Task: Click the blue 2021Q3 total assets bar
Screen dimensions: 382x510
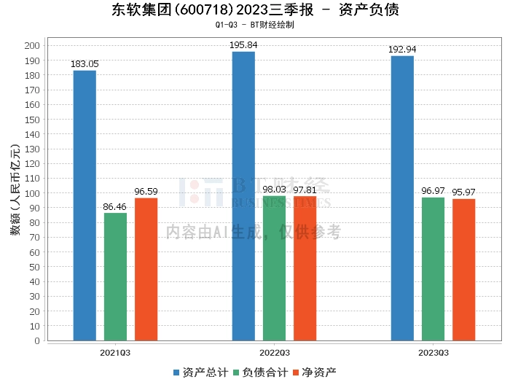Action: coord(85,205)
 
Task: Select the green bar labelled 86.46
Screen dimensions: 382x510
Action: coord(115,276)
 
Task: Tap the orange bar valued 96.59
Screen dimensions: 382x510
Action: coord(146,269)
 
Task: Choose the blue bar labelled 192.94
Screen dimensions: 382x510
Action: coord(402,198)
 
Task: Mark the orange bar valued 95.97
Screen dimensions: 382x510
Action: coord(463,269)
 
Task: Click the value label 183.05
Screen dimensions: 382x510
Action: coord(85,64)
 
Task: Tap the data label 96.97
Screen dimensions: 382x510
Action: coord(433,191)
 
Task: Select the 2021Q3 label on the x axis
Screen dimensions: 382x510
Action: coord(115,353)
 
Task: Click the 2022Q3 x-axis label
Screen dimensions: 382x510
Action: coord(274,353)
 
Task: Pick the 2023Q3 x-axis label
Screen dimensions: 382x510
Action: coord(433,353)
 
